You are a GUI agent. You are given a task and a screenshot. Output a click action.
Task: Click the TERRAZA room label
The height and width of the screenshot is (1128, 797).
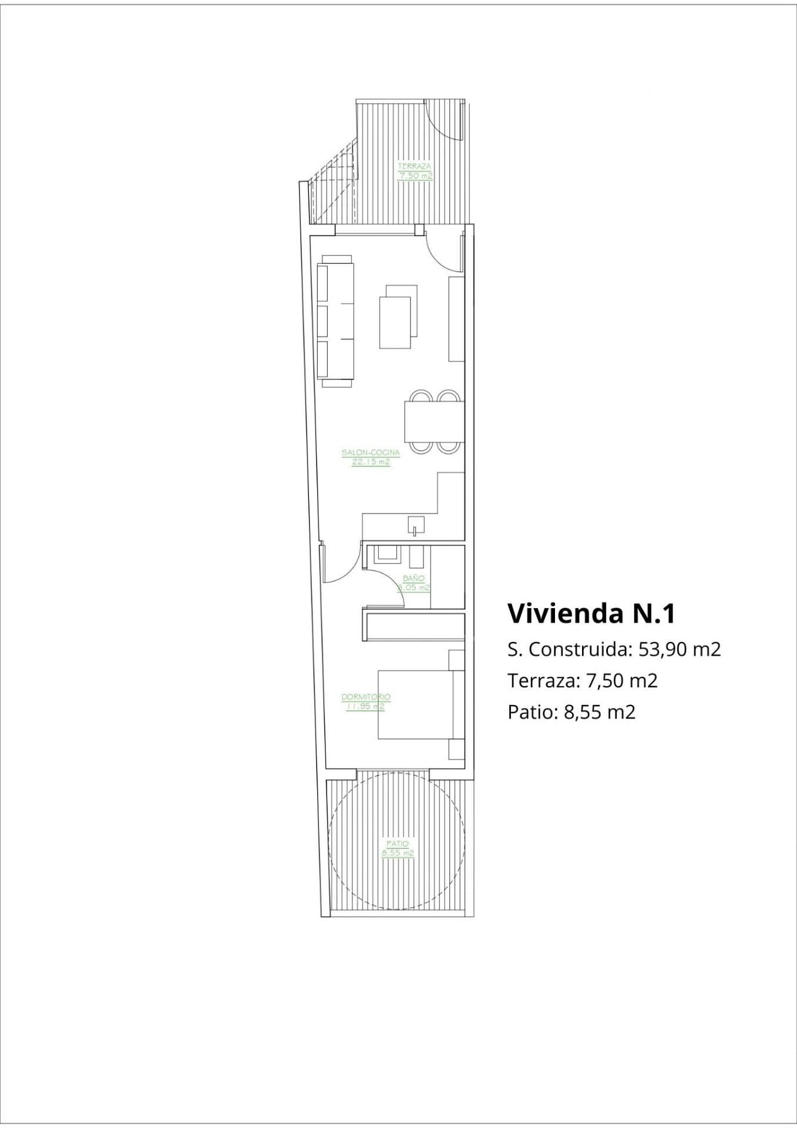(414, 166)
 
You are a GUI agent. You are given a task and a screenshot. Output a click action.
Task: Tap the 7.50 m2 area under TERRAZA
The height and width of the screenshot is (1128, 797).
(415, 176)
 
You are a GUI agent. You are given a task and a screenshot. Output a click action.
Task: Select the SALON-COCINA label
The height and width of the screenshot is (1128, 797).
(371, 452)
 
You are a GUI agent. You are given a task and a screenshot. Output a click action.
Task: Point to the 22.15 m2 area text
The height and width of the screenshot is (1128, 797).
(371, 462)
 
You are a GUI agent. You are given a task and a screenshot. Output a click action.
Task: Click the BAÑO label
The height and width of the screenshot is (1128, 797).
(413, 578)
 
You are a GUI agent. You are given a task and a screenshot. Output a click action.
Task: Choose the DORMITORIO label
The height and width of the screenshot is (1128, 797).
(366, 697)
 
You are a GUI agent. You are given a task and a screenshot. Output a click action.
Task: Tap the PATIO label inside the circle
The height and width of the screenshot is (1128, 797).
(398, 844)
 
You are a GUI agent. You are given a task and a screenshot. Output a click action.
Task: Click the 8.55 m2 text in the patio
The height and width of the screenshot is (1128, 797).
(398, 853)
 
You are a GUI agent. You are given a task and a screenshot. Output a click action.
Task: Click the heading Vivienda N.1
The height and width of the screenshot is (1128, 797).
(591, 613)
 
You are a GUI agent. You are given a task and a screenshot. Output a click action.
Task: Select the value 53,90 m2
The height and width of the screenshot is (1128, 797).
(679, 649)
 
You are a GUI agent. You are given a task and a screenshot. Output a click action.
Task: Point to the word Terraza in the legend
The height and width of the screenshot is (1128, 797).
(540, 681)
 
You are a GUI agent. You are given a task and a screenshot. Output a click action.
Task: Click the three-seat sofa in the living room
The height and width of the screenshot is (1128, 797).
(336, 321)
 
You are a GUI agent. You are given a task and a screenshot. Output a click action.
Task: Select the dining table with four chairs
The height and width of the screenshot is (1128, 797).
(433, 421)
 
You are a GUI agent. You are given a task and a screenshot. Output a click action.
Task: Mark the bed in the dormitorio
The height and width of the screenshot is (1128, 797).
(415, 704)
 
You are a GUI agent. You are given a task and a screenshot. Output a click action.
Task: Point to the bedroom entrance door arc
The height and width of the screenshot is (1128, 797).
(342, 564)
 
